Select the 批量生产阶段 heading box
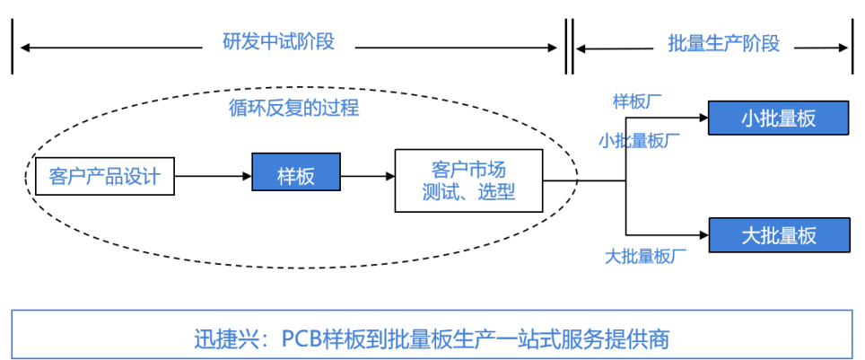[x=723, y=43]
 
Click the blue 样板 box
[x=296, y=176]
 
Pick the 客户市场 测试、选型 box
[x=468, y=180]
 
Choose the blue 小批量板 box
[x=778, y=119]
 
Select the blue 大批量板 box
[x=778, y=235]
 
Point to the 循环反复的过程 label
[x=293, y=109]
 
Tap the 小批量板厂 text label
[x=639, y=141]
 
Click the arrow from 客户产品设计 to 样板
[x=213, y=176]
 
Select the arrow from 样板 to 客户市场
[x=368, y=177]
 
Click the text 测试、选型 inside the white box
[x=468, y=192]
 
